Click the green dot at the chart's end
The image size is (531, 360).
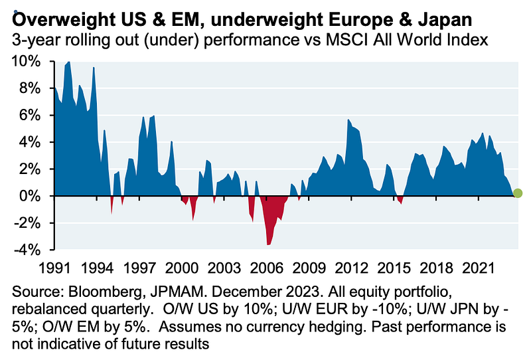click(x=518, y=193)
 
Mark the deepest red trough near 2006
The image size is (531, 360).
click(x=268, y=244)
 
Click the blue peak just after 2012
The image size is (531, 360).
click(x=349, y=120)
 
